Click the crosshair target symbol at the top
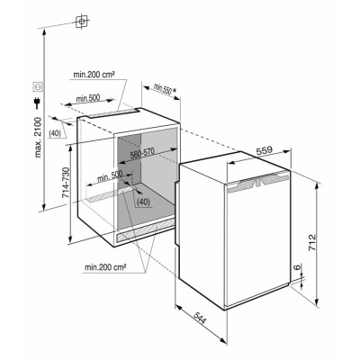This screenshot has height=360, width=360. click(x=82, y=22)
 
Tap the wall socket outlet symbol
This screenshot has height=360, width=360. click(x=39, y=86)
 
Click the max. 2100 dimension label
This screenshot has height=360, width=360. click(x=38, y=138)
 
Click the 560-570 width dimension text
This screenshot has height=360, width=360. click(x=142, y=153)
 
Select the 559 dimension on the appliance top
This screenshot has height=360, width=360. click(x=264, y=150)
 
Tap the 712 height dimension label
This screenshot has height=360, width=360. click(x=312, y=242)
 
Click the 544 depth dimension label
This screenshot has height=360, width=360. click(x=199, y=319)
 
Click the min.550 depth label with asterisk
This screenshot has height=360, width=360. click(x=165, y=89)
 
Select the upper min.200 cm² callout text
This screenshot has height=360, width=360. click(x=94, y=75)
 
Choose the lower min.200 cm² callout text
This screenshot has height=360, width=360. click(x=104, y=267)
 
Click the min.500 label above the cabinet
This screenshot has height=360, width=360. click(x=88, y=98)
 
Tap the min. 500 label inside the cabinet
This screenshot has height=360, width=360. click(x=110, y=176)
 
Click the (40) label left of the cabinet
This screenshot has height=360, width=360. click(x=55, y=133)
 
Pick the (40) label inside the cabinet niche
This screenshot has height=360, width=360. click(x=143, y=202)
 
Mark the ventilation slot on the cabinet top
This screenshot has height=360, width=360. click(x=113, y=112)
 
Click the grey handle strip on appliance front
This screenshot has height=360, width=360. click(x=258, y=184)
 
